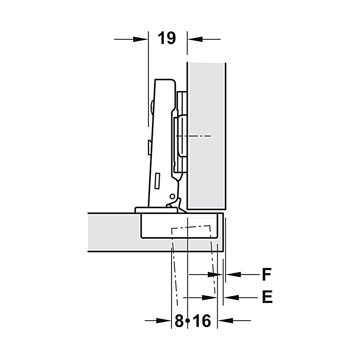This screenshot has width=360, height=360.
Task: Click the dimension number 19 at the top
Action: coord(166,38)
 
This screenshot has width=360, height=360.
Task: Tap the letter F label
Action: coord(267,274)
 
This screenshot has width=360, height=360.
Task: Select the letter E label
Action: coord(267,297)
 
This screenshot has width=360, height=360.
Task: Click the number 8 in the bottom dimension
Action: coord(179,321)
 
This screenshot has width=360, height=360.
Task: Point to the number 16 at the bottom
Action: coord(202,321)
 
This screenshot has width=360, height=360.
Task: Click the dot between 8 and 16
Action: coord(188,321)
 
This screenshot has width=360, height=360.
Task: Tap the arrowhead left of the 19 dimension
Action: coord(140,39)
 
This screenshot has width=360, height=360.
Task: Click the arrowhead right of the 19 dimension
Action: coord(195,39)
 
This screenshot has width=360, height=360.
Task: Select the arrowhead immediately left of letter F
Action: coord(233,274)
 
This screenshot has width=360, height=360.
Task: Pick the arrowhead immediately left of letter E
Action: coord(232,298)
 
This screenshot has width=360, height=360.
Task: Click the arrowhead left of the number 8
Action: coord(163,321)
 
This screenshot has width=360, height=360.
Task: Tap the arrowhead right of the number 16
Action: coord(226,321)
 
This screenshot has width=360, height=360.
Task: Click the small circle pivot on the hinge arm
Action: coord(172,196)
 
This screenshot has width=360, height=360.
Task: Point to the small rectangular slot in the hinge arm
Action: coord(157,181)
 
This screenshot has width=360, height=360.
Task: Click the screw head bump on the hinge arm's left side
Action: coord(152,107)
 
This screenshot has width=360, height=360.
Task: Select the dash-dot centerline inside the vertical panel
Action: coord(193,136)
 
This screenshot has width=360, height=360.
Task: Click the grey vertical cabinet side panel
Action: coord(206,136)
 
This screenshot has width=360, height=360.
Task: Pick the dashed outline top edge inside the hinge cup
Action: coord(190,227)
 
